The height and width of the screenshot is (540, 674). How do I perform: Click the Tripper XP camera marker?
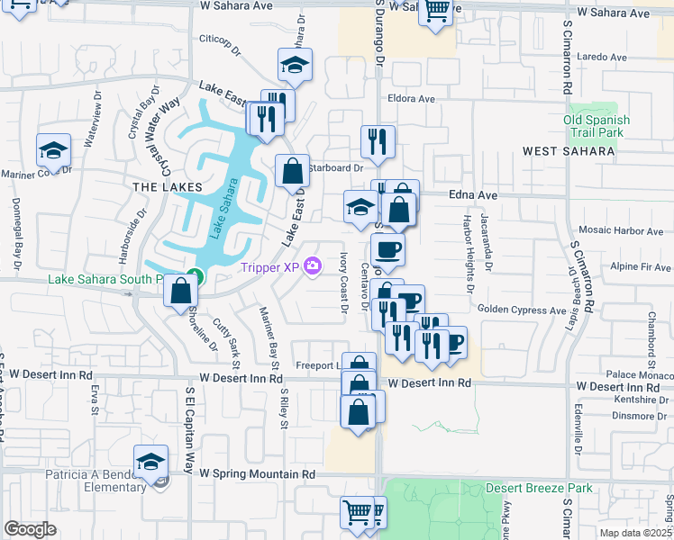pyautogui.click(x=313, y=265)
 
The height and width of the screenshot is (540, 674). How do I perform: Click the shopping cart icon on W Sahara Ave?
pyautogui.click(x=436, y=11)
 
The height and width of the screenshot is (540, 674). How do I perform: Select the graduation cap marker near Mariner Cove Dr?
pyautogui.click(x=53, y=150)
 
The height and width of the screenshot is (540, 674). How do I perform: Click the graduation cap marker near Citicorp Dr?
pyautogui.click(x=295, y=65)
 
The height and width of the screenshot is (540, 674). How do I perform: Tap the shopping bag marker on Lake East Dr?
pyautogui.click(x=292, y=170)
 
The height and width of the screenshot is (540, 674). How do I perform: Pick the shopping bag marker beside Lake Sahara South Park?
pyautogui.click(x=181, y=292)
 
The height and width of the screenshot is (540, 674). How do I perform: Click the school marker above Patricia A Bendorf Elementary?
pyautogui.click(x=151, y=462)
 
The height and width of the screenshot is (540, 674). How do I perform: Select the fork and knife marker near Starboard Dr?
pyautogui.click(x=378, y=141)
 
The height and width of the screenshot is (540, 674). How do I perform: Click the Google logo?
pyautogui.click(x=30, y=528)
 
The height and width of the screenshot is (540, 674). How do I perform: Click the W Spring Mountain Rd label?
pyautogui.click(x=258, y=473)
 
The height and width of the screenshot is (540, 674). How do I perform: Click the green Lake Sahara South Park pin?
pyautogui.click(x=192, y=275)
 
